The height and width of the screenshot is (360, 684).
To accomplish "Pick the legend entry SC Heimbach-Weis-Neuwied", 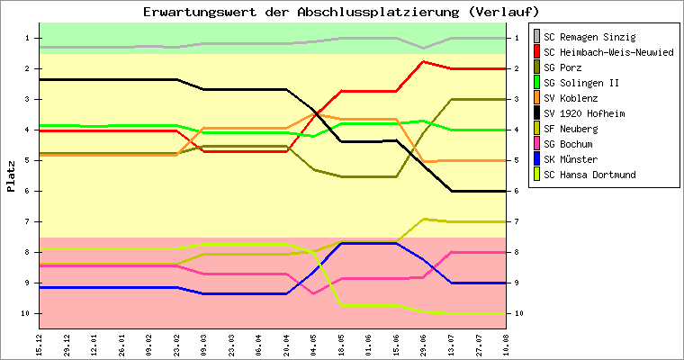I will [609, 52].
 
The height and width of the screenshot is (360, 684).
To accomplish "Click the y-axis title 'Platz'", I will [12, 176].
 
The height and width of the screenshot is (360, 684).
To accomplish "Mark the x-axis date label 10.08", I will [508, 343].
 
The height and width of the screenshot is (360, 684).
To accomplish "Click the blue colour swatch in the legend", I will [537, 159].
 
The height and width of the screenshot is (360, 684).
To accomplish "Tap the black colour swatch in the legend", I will [537, 113].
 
